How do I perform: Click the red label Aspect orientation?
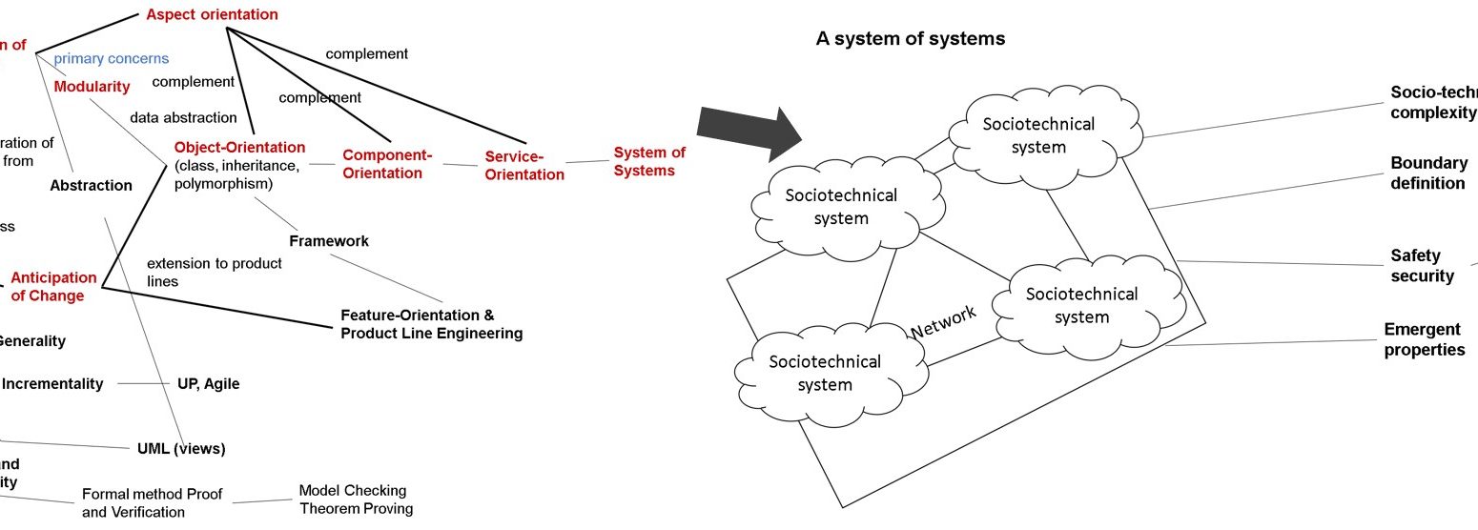212,14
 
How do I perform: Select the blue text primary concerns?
111,58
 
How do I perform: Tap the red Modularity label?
92,87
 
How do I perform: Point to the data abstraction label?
183,117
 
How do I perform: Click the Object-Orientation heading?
239,148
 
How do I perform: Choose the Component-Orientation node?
387,164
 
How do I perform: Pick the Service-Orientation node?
523,165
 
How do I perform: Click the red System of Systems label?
648,161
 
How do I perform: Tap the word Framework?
329,241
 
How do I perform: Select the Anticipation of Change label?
53,287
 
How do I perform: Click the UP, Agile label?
208,384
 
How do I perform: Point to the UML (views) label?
181,448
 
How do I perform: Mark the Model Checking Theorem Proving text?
356,499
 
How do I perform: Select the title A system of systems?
910,39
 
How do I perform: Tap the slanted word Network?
944,321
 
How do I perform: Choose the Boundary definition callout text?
1428,173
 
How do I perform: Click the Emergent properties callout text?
1424,339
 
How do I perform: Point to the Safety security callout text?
1422,266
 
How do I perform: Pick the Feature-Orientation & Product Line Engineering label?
431,324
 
